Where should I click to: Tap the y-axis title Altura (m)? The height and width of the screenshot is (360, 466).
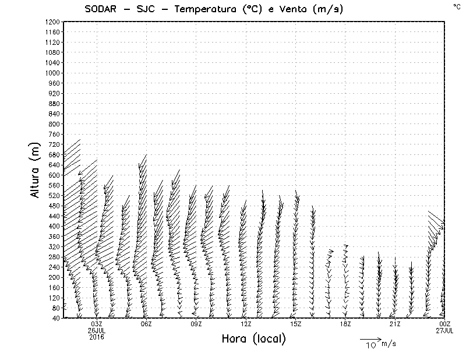click(x=36, y=170)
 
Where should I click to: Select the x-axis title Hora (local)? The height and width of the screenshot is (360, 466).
click(x=253, y=339)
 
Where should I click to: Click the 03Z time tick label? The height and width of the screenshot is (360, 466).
click(x=97, y=324)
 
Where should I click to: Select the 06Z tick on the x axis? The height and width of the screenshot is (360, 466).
click(x=146, y=324)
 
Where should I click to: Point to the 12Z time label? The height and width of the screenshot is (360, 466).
click(x=246, y=324)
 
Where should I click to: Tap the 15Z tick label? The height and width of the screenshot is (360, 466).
click(x=295, y=324)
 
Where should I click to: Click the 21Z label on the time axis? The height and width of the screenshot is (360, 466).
click(x=395, y=324)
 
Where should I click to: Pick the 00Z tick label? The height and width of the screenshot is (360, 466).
click(x=444, y=324)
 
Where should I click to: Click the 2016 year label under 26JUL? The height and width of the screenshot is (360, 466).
click(x=97, y=336)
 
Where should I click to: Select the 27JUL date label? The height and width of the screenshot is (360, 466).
click(x=444, y=330)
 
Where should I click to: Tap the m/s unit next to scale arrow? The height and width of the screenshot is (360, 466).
click(x=389, y=344)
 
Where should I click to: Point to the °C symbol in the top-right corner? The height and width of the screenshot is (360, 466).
click(x=456, y=6)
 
